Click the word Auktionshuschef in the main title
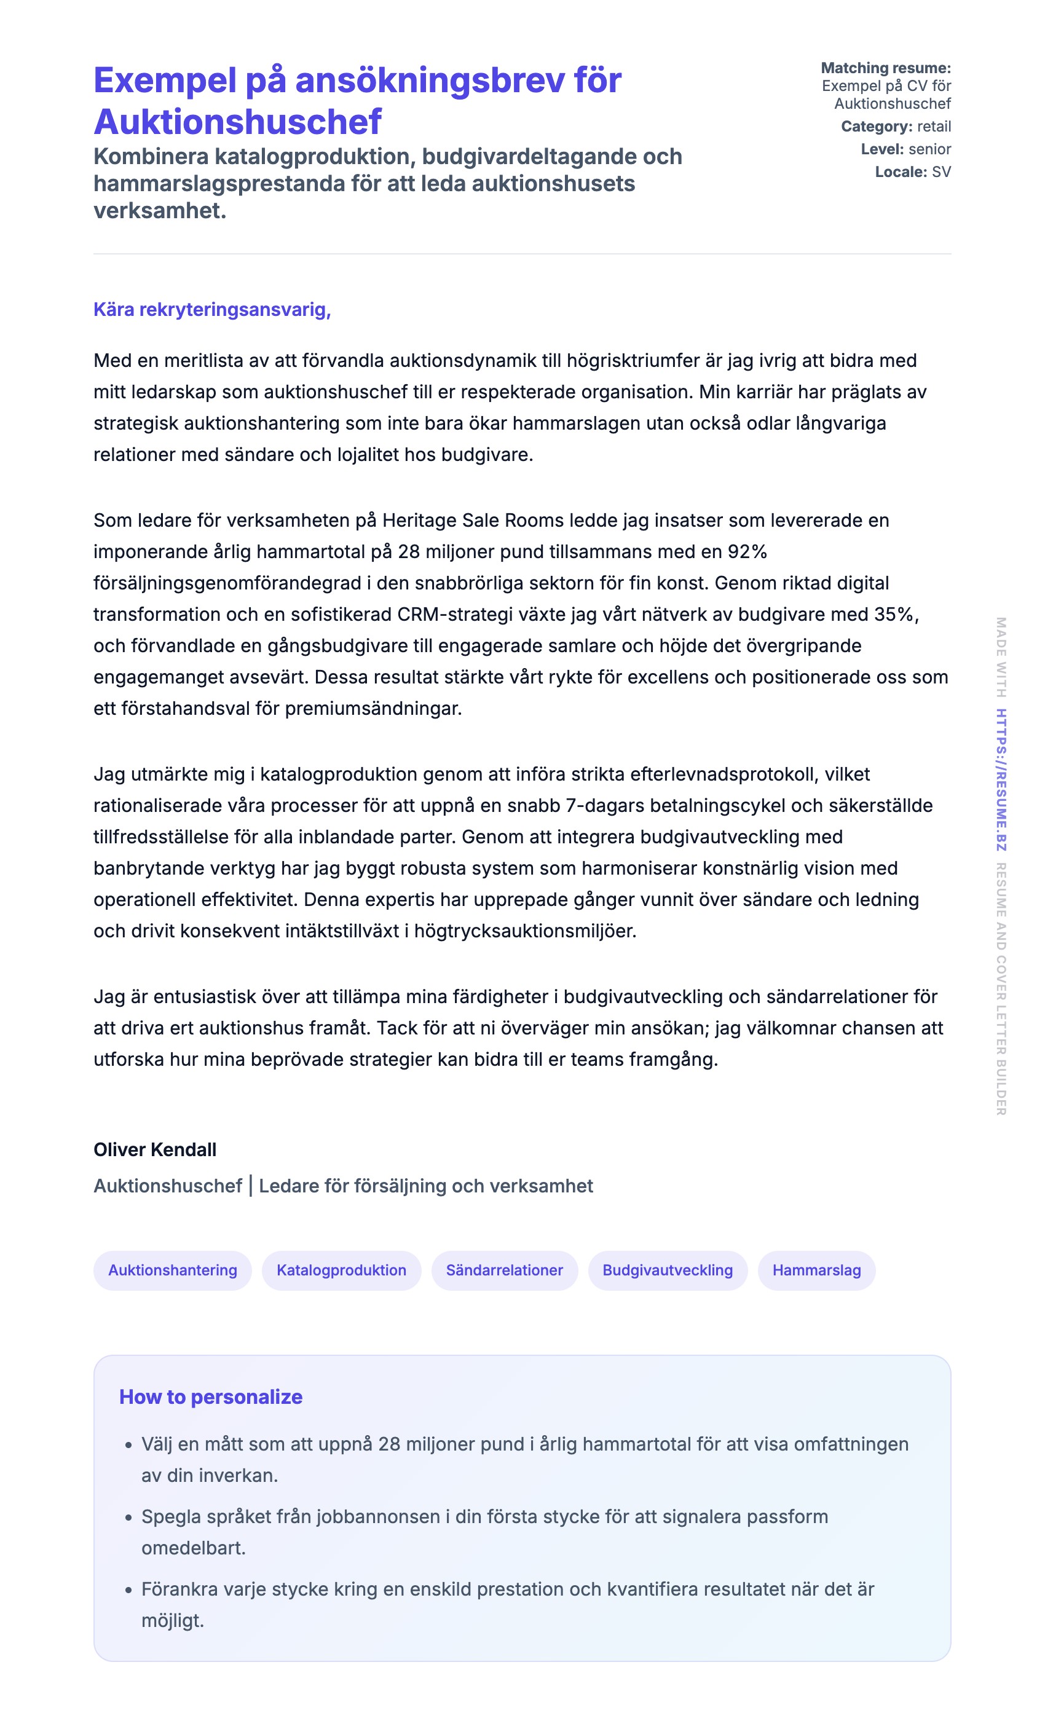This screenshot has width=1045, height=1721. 237,122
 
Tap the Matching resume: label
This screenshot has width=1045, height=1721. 885,68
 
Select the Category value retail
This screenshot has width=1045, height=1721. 934,127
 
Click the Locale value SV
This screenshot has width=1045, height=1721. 941,172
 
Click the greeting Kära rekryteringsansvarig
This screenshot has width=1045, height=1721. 211,309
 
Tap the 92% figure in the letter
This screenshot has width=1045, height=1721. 747,552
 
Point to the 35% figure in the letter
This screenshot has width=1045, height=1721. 896,615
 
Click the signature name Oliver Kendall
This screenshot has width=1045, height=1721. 155,1149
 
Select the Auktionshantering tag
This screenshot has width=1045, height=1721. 173,1270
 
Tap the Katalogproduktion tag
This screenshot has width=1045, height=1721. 341,1270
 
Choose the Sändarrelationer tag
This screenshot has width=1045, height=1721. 504,1270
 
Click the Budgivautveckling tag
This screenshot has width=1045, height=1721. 667,1270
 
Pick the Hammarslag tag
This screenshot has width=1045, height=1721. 816,1270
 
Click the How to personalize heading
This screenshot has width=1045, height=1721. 210,1397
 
